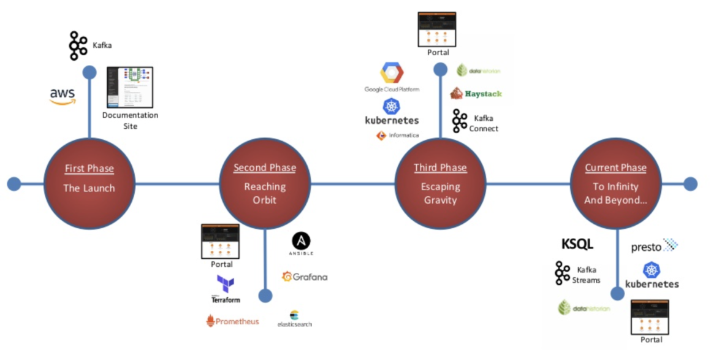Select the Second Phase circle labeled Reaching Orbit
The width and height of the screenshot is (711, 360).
265,183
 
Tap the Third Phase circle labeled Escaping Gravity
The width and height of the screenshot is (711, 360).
440,183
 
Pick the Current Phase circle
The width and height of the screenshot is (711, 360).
615,183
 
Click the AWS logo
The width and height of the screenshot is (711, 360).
63,96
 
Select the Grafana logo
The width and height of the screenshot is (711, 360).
305,277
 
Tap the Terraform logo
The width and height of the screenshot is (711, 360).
226,289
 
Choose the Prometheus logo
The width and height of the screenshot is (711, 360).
232,321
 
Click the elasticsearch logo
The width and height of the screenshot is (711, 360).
294,319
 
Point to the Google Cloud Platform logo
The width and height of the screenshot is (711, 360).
392,77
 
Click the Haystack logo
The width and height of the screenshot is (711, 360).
476,93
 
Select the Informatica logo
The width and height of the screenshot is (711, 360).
398,135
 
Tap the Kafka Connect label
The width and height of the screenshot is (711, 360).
484,123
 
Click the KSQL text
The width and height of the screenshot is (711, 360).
577,244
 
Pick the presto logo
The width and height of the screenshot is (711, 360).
655,247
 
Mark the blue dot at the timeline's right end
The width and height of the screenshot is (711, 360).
691,183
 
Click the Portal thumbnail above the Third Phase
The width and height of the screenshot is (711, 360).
436,29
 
